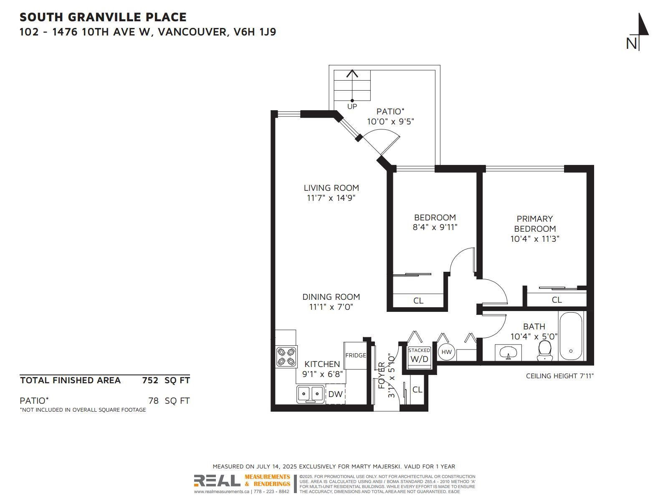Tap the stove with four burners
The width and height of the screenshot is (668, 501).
click(286, 357)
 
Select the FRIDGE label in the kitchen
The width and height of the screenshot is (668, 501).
click(355, 355)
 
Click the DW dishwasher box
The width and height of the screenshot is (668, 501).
click(335, 394)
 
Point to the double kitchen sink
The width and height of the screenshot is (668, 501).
click(310, 394)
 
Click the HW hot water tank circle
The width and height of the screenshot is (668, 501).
click(446, 352)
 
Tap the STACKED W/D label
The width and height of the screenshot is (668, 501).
click(419, 355)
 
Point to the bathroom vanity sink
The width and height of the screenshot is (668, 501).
click(508, 353)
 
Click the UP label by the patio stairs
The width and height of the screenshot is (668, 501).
click(352, 106)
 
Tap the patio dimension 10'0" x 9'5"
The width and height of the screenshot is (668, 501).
click(390, 121)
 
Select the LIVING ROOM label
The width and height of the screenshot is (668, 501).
click(331, 188)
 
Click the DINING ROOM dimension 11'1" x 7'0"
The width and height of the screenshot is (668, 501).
click(331, 307)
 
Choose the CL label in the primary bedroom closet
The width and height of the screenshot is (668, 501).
click(557, 300)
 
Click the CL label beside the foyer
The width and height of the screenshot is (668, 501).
click(417, 390)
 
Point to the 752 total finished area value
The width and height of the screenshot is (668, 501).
click(150, 380)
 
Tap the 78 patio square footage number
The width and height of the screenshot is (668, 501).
click(153, 401)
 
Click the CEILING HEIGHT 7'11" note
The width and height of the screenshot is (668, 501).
click(560, 376)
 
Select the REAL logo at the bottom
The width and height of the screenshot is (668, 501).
click(217, 481)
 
